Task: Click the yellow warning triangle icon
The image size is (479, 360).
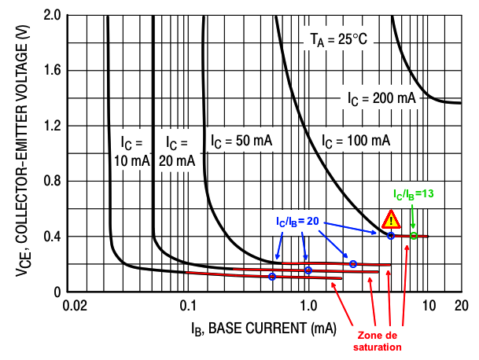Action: click(390, 219)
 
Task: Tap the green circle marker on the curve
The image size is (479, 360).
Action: click(413, 236)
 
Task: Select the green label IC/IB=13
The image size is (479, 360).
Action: click(414, 193)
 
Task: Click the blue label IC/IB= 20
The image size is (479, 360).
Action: click(297, 222)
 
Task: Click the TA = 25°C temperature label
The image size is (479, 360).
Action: click(336, 39)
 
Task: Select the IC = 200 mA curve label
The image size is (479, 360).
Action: click(382, 99)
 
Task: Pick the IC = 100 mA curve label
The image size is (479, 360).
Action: click(356, 141)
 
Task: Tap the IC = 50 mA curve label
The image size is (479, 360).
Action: click(241, 141)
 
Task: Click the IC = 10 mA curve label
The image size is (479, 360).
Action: click(131, 151)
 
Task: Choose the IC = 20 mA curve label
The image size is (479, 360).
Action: click(177, 151)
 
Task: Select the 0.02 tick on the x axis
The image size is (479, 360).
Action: click(74, 305)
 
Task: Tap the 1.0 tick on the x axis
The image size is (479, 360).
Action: click(307, 305)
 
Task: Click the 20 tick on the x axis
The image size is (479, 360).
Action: click(461, 305)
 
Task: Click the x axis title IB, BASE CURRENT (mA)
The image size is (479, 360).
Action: click(252, 325)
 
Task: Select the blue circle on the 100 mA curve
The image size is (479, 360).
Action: click(391, 235)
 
